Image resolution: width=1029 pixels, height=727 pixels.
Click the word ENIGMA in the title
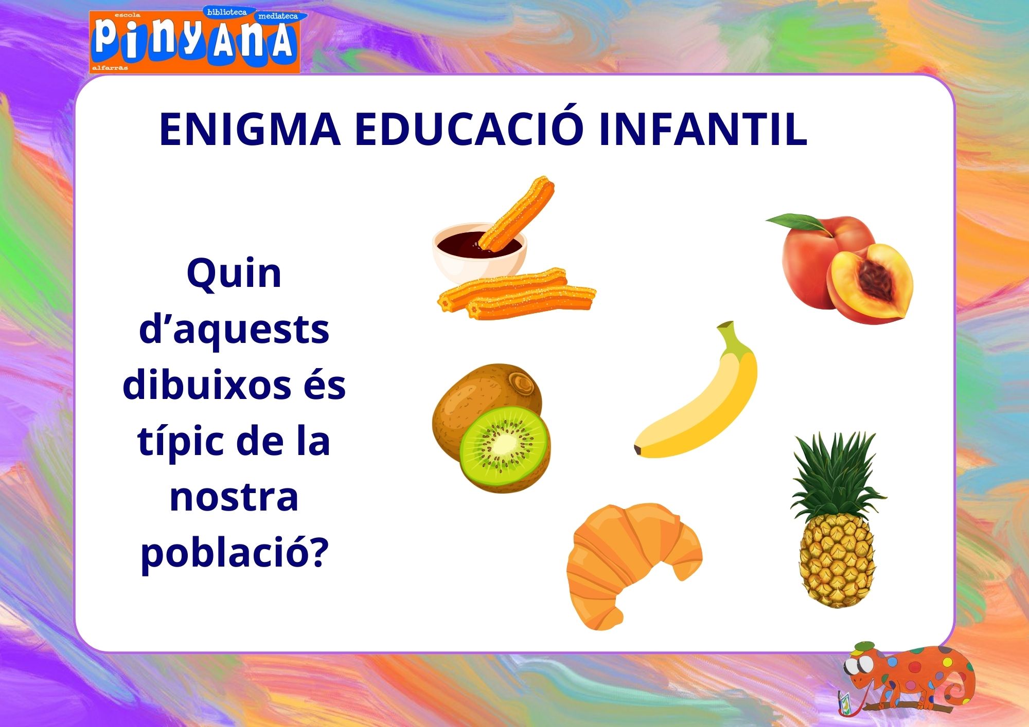tap(250, 129)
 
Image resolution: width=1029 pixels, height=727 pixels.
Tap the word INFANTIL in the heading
tap(703, 129)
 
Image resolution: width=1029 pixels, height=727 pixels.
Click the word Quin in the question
tap(234, 274)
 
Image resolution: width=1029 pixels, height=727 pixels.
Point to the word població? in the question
tap(235, 553)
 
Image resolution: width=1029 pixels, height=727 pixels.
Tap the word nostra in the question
tap(234, 498)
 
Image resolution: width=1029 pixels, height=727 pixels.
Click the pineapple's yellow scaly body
tap(837, 561)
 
